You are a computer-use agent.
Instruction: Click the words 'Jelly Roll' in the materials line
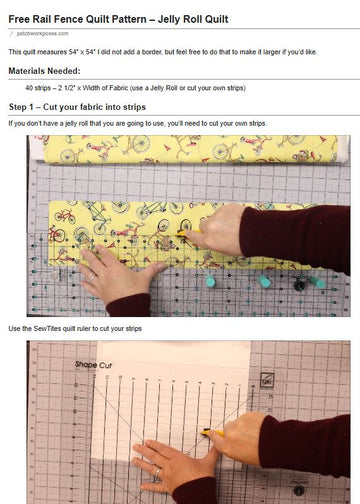pyautogui.click(x=182, y=88)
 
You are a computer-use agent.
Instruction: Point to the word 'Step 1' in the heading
pyautogui.click(x=24, y=105)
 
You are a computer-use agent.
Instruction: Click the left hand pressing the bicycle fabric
pyautogui.click(x=115, y=275)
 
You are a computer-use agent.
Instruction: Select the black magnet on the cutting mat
pyautogui.click(x=297, y=285)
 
